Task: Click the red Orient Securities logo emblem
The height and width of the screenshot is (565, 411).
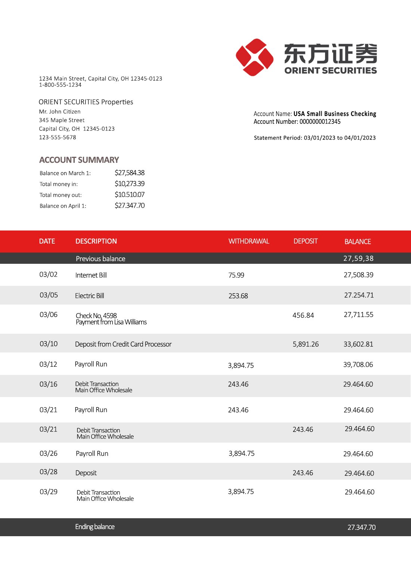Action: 254,57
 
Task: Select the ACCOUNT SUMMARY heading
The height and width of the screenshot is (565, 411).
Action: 79,160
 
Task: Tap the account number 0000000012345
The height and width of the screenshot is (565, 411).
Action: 320,122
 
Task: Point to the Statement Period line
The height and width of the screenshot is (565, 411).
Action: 315,138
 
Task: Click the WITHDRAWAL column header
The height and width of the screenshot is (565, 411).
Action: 248,241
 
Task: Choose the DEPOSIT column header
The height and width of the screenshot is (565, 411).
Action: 305,241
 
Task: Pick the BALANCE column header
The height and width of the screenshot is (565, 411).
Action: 358,242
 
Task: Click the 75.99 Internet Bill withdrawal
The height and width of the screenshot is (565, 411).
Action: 236,275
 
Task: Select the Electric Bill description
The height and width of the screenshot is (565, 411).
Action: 89,296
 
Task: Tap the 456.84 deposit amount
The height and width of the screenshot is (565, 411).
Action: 303,315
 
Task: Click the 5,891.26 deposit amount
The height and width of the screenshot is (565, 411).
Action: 306,344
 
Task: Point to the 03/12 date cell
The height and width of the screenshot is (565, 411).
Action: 48,364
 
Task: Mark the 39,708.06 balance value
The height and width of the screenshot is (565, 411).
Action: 358,365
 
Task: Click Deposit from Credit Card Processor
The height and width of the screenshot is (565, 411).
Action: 123,344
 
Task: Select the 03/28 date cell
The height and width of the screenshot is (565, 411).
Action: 49,472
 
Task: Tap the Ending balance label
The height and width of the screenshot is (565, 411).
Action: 95,527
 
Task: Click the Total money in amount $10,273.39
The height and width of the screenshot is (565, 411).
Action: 129,184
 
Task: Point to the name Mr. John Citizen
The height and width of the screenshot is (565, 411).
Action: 60,112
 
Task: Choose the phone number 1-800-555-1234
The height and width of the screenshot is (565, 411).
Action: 60,85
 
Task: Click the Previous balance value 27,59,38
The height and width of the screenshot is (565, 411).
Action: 358,259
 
